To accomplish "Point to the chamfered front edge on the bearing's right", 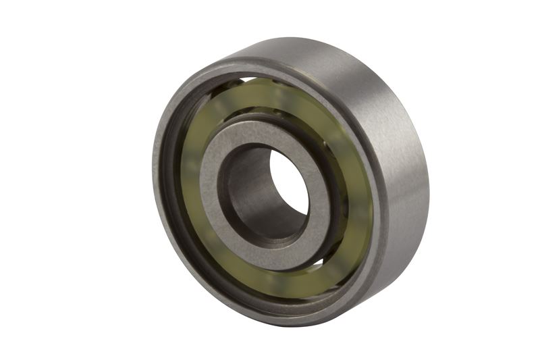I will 385,223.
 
